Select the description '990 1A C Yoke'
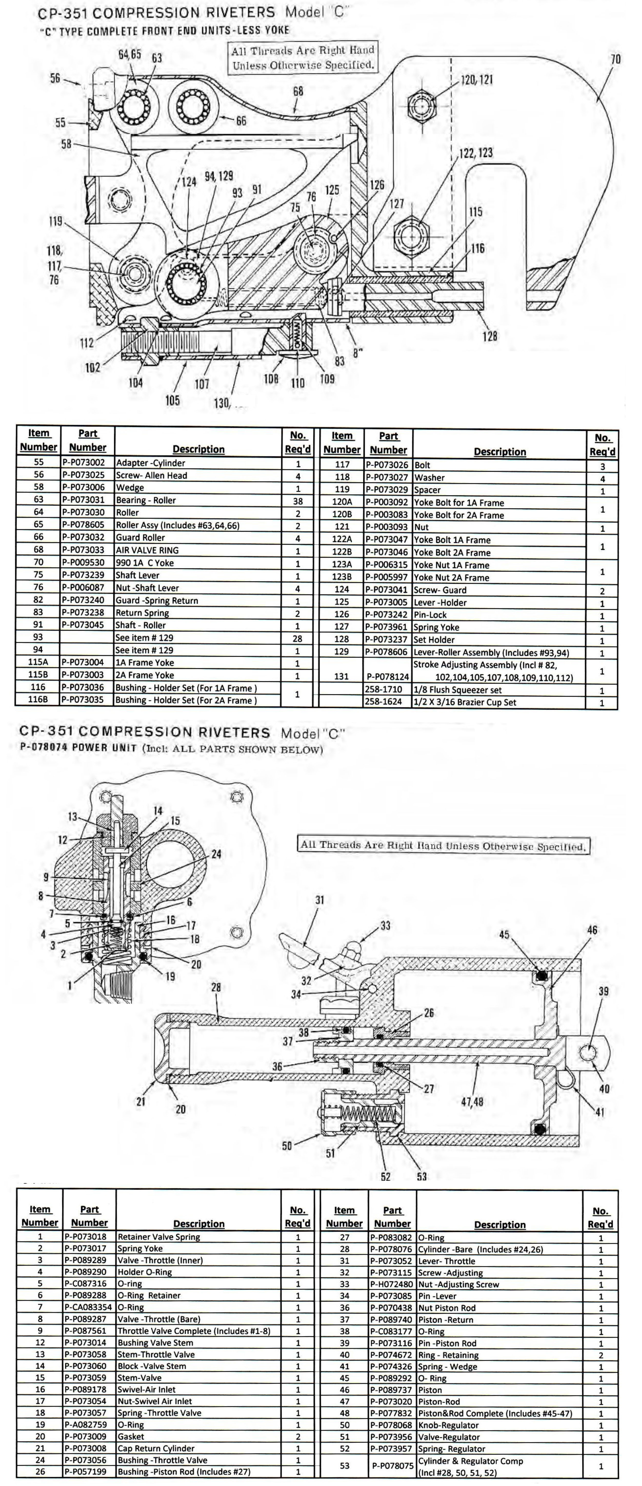coord(144,563)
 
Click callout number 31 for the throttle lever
coord(319,900)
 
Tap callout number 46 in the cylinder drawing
coord(592,930)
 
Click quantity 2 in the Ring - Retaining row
coord(600,1355)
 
